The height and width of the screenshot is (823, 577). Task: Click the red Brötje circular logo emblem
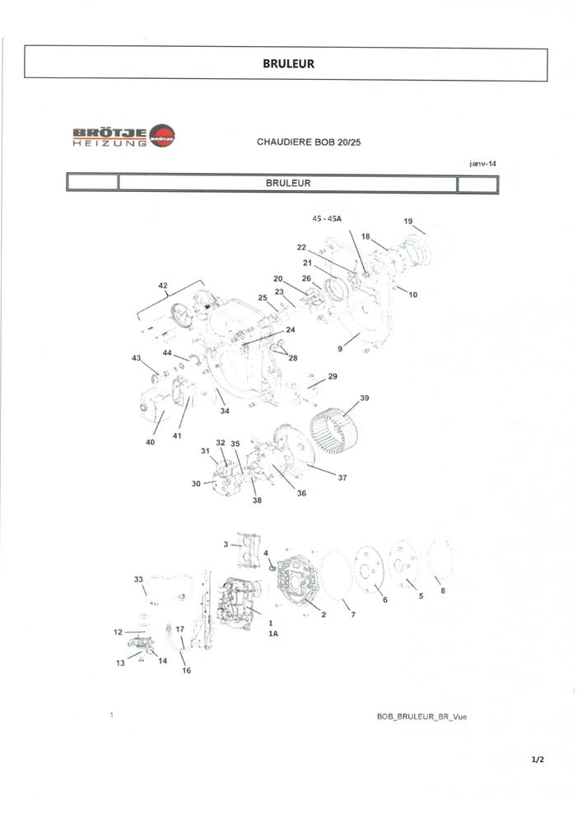(x=162, y=136)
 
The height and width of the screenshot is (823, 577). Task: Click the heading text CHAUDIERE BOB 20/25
(x=309, y=142)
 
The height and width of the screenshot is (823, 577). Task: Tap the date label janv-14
(x=482, y=163)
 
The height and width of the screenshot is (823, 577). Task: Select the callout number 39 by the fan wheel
(x=365, y=398)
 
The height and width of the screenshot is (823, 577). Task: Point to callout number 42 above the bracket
(x=163, y=286)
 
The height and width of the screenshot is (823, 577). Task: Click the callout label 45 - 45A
(x=327, y=218)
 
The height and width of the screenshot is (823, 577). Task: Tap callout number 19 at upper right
(x=408, y=221)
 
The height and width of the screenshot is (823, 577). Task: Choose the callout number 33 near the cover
(x=138, y=579)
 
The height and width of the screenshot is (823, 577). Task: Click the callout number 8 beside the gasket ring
(x=443, y=590)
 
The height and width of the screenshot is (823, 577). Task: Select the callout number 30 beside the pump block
(x=196, y=483)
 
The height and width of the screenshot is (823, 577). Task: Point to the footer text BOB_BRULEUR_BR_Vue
(x=421, y=717)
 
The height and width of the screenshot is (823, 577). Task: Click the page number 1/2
(x=537, y=760)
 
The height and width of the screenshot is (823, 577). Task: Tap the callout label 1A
(x=273, y=634)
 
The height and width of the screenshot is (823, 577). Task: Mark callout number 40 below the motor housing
(x=150, y=443)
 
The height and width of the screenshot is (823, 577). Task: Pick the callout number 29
(x=333, y=376)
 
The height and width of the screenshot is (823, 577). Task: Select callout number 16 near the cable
(x=186, y=670)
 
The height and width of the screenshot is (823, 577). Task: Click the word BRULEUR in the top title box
(x=288, y=63)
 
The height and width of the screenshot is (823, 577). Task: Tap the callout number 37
(x=342, y=477)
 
